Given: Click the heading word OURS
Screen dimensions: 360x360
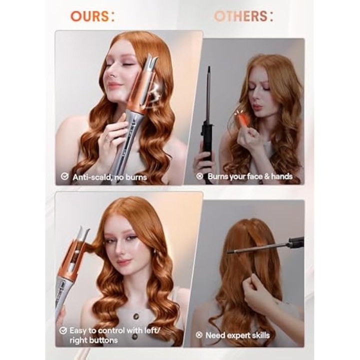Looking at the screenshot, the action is (89, 16).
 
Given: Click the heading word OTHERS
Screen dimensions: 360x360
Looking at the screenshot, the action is (241, 16).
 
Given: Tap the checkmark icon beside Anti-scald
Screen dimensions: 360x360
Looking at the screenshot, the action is (64, 176).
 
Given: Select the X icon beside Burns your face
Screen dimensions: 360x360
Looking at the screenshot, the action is (199, 176).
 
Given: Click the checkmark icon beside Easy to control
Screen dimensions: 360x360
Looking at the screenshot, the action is (63, 330).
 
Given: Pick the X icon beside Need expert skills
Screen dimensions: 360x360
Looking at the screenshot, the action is (199, 335).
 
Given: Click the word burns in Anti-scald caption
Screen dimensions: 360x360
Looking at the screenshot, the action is (136, 177).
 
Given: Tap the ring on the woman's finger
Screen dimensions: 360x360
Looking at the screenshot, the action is (107, 138).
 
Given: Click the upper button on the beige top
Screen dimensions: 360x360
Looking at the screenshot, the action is (136, 316).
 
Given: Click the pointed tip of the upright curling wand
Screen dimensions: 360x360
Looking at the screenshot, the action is (209, 67).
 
